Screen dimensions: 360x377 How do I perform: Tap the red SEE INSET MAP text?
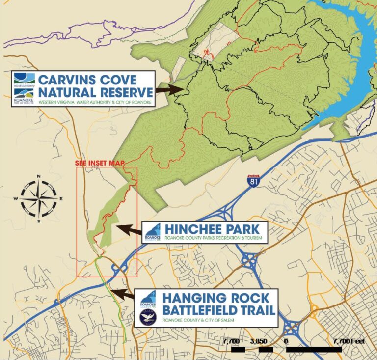point(99,163)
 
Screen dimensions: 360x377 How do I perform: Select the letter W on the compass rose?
point(16,198)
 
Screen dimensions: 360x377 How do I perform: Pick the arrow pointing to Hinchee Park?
point(128,229)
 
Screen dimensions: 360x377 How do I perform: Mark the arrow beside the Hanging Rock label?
point(122,295)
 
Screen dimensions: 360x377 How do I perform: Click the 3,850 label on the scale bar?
point(258,341)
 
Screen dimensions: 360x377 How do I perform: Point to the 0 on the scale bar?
point(286,341)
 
